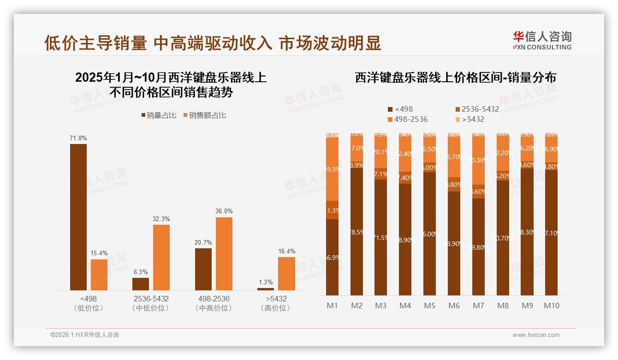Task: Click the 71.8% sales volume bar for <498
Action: click(78, 217)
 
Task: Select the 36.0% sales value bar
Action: click(224, 254)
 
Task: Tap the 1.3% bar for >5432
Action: click(266, 289)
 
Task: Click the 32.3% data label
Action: click(161, 219)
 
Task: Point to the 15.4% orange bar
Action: click(99, 275)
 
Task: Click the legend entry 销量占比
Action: click(159, 115)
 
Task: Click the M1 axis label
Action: click(332, 306)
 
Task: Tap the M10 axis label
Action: click(551, 306)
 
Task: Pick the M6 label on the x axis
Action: click(454, 306)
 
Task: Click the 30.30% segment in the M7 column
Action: click(478, 161)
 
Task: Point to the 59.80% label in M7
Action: click(478, 247)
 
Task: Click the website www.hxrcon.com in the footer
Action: click(536, 335)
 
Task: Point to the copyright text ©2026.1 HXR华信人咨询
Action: click(84, 335)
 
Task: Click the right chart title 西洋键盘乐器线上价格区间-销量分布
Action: click(455, 78)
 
